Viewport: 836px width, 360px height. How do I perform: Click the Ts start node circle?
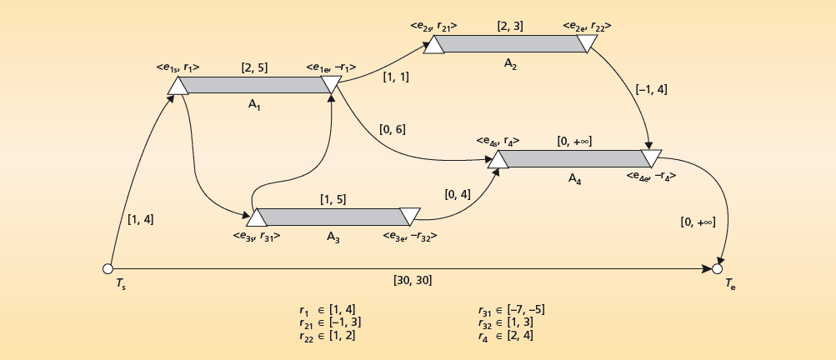107,268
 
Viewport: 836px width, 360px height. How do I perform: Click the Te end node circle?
717,268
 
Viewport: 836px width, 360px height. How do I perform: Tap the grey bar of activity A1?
254,84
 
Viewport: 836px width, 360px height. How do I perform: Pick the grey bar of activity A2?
510,43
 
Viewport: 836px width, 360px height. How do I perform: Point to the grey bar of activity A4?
573,158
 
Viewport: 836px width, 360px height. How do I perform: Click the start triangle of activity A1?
177,85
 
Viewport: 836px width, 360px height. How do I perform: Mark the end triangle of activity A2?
588,42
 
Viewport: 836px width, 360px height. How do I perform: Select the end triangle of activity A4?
652,157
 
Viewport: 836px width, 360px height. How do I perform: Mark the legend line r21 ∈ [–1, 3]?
329,322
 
